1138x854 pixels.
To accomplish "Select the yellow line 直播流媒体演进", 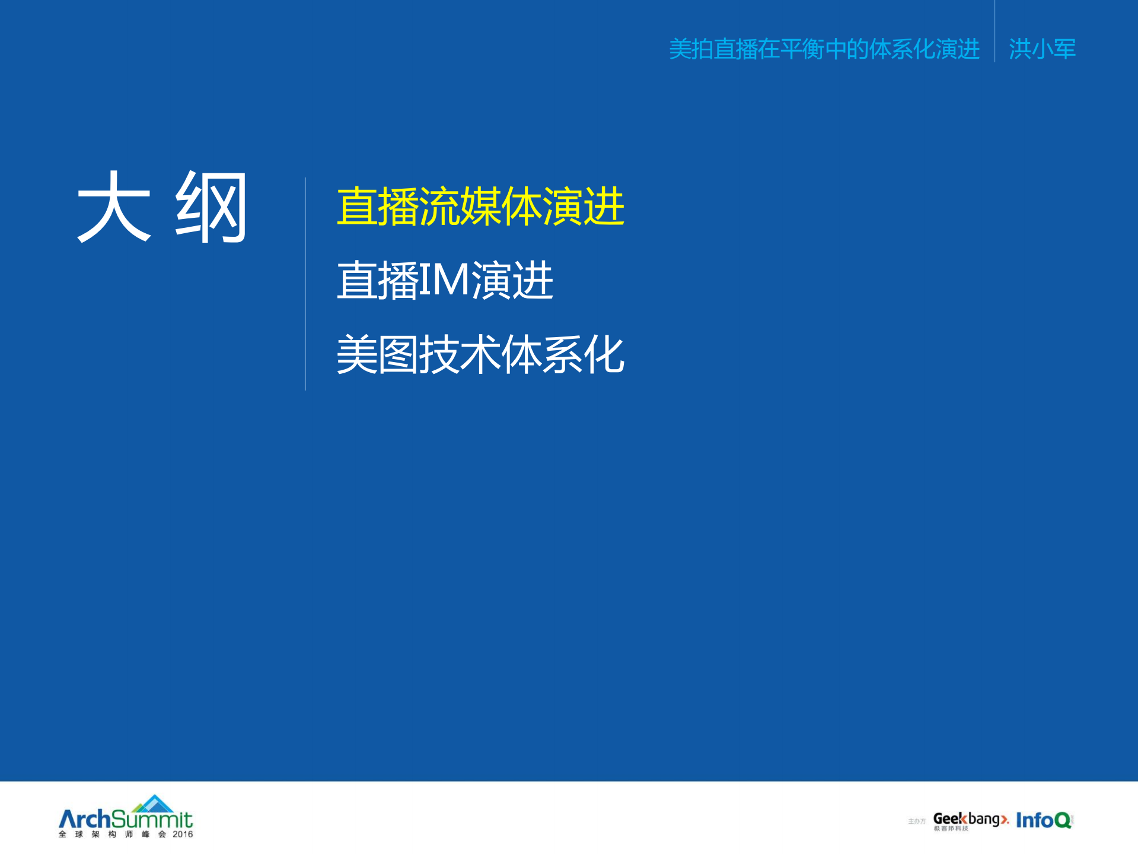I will point(480,207).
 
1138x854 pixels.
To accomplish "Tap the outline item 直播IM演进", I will point(445,280).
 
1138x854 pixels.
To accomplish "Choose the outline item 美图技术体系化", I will point(480,354).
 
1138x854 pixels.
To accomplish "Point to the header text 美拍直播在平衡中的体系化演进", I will point(824,49).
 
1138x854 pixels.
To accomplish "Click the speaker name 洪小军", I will point(1042,49).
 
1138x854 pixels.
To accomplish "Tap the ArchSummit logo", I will point(126,818).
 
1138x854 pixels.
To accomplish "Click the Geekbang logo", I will point(971,820).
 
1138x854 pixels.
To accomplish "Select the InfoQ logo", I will point(1044,820).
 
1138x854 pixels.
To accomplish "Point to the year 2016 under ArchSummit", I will point(183,834).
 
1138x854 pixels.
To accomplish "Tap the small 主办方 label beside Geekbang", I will point(917,821).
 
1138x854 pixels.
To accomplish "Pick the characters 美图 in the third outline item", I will point(377,354).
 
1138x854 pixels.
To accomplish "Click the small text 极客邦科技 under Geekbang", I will point(951,829).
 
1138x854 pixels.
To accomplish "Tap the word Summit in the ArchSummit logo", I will point(152,820).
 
